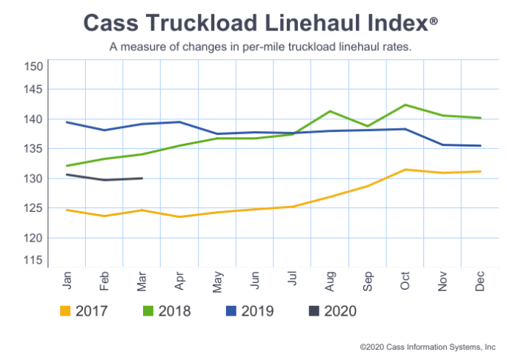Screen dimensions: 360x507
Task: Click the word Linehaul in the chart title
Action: [285, 22]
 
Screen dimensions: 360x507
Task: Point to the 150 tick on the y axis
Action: [34, 66]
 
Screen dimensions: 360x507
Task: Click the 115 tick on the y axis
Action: [34, 260]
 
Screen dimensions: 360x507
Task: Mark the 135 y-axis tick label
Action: [34, 149]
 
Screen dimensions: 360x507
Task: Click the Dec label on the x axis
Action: [480, 280]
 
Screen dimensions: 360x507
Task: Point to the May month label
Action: [217, 280]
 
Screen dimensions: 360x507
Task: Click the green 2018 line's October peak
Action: [404, 104]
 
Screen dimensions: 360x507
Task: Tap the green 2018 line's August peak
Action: [330, 111]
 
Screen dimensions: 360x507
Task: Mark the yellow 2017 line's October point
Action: [404, 170]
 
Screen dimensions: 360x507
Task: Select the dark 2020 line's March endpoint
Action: [142, 178]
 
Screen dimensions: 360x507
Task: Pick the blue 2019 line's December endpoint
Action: [480, 146]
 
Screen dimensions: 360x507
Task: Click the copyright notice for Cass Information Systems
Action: [428, 346]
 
